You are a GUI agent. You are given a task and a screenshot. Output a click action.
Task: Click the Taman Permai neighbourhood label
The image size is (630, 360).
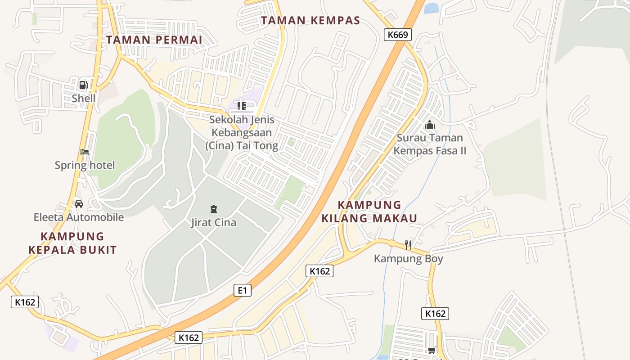[154, 40]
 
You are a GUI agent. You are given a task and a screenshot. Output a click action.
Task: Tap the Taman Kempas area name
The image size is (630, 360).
[310, 20]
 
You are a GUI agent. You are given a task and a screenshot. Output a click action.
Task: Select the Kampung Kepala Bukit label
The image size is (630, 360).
[72, 243]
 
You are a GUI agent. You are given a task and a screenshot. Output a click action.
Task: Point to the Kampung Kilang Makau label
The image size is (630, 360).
[369, 211]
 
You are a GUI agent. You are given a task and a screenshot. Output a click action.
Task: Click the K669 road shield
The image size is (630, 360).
[398, 35]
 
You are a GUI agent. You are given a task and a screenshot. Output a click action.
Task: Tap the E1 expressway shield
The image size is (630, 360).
[243, 290]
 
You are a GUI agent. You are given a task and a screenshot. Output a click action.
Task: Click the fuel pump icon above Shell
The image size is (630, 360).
[83, 85]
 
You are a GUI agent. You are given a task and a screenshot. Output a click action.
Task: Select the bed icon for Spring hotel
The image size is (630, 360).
[84, 152]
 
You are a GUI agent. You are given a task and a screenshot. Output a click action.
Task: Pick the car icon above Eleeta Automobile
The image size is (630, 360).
[79, 203]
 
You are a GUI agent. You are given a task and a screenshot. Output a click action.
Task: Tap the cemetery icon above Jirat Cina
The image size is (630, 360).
[213, 209]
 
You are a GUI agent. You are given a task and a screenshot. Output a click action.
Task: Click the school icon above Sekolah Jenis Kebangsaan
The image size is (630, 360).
[241, 106]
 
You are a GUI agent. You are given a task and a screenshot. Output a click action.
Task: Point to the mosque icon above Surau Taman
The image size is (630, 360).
[430, 125]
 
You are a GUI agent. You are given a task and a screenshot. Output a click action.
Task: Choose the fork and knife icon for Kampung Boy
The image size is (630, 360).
[408, 245]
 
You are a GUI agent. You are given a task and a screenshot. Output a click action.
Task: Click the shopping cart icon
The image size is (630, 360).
[432, 350]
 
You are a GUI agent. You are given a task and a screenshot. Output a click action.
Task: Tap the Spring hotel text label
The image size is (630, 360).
[85, 165]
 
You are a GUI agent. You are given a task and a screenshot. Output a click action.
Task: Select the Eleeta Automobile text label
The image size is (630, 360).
[79, 217]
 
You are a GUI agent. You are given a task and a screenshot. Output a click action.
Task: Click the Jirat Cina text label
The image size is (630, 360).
[213, 222]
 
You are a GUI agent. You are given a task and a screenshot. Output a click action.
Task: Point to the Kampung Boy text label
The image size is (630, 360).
[409, 259]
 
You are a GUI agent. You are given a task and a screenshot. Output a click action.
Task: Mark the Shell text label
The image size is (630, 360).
[84, 98]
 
